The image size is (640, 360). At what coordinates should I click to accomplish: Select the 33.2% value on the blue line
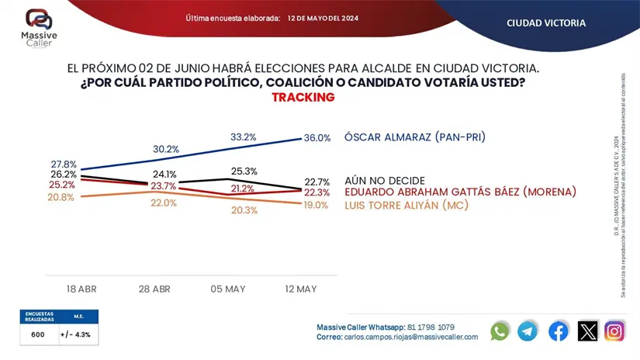244,137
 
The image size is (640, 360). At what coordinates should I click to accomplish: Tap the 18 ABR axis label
81,289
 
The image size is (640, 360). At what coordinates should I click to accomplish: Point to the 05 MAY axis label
227,289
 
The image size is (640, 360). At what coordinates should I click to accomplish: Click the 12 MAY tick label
301,289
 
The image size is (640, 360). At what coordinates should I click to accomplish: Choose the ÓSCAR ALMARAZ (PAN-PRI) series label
415,137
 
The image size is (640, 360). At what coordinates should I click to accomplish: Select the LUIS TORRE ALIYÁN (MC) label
406,205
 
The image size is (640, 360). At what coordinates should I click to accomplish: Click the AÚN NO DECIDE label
385,180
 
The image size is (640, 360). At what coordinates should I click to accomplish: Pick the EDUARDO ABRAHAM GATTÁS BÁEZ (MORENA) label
461,192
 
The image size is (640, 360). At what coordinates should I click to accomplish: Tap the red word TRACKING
303,98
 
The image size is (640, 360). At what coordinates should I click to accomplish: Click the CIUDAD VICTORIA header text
546,23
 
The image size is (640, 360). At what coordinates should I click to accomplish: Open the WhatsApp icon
500,331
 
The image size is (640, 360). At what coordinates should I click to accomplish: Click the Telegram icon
528,331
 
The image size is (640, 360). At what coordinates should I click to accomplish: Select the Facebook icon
559,331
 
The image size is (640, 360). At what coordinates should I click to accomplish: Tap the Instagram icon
614,331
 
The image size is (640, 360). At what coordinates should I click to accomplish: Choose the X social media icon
588,331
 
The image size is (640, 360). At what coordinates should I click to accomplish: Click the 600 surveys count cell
38,334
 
